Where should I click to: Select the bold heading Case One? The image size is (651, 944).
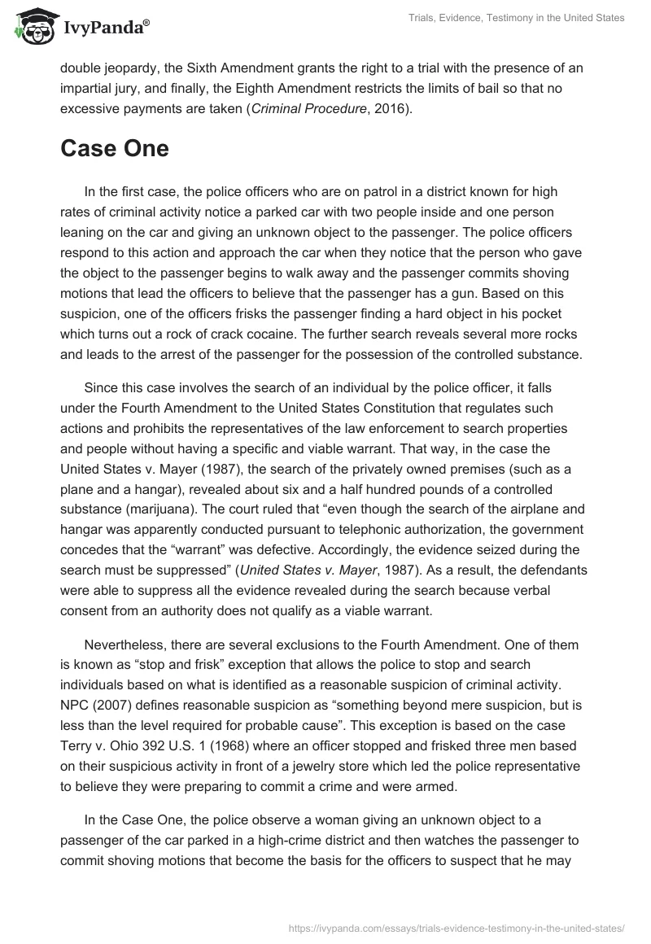115,148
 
